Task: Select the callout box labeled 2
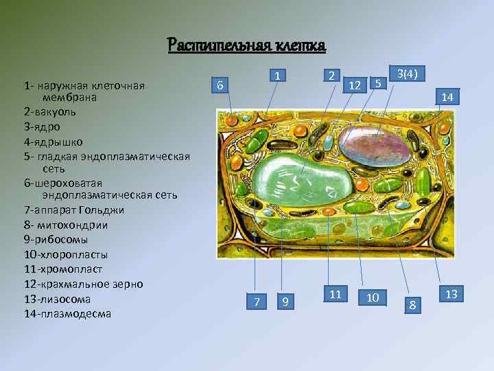(x=331, y=76)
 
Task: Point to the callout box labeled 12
(x=354, y=85)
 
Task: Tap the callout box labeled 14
(x=447, y=98)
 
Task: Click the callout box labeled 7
(x=257, y=302)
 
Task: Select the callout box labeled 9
(x=285, y=302)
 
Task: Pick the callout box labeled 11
(x=336, y=294)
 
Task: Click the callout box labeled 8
(x=412, y=302)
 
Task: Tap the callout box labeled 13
(x=451, y=294)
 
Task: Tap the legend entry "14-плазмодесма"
(x=67, y=314)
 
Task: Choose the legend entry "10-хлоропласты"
(x=65, y=254)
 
